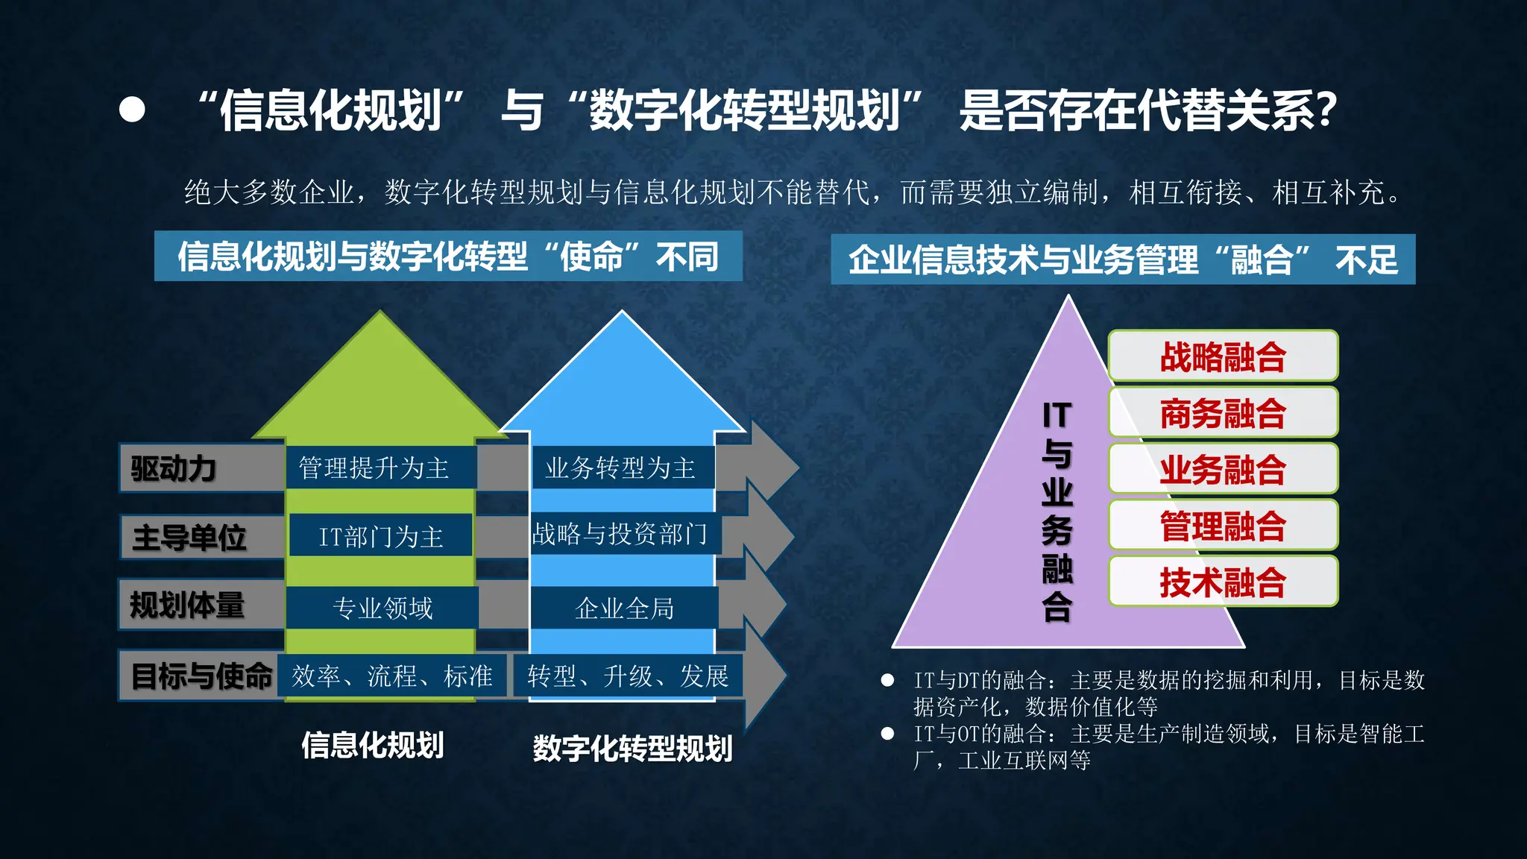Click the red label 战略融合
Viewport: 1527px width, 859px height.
[x=1223, y=356]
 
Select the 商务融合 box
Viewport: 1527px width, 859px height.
[x=1223, y=413]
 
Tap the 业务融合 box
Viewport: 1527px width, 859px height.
[x=1223, y=470]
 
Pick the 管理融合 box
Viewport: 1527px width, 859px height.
[x=1223, y=526]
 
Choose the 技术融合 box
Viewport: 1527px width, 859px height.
[x=1223, y=582]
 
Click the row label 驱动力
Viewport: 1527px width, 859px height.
[x=174, y=469]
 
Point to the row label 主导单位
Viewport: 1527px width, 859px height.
[x=189, y=538]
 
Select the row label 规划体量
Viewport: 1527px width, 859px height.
[x=187, y=605]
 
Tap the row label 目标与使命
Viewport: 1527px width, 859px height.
[x=201, y=676]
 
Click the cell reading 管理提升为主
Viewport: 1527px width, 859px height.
[x=374, y=468]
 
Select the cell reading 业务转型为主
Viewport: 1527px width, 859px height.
[x=620, y=468]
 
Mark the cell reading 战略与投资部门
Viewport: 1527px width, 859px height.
[x=620, y=534]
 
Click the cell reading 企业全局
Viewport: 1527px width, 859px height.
[x=624, y=608]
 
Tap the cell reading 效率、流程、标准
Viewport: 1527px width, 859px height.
[x=392, y=676]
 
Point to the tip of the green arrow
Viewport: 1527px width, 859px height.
[x=381, y=314]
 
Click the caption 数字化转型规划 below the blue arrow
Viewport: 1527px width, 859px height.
[x=632, y=749]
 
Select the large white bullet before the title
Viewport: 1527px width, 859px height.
[x=132, y=110]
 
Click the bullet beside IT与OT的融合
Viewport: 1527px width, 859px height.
[x=887, y=734]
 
